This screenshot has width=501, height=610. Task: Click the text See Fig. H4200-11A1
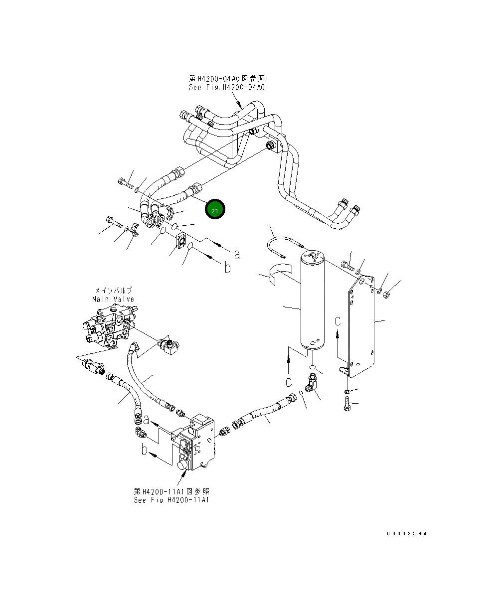click(x=171, y=500)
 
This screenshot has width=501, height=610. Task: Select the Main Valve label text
click(x=113, y=299)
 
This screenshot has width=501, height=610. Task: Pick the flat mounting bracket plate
click(x=361, y=326)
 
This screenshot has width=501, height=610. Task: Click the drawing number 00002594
click(x=407, y=533)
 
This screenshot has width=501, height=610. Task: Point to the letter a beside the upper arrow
click(x=237, y=255)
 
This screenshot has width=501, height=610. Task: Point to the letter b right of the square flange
click(x=227, y=269)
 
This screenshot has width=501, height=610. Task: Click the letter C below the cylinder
click(x=288, y=382)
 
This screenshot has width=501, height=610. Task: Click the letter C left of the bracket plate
click(x=337, y=321)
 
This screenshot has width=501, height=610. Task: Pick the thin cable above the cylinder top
click(x=284, y=244)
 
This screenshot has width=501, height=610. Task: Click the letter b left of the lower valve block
click(x=144, y=451)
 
